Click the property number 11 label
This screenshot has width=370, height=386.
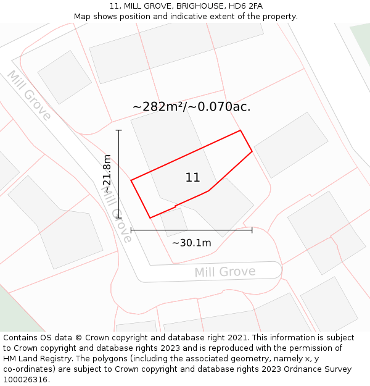click(192, 178)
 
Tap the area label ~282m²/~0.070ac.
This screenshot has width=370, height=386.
click(191, 107)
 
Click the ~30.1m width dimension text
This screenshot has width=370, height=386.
click(191, 243)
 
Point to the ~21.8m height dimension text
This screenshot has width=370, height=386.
click(107, 174)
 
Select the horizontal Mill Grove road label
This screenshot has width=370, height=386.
click(224, 272)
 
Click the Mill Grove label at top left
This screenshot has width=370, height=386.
click(28, 96)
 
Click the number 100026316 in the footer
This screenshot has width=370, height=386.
click(25, 380)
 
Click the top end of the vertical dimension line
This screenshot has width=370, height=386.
click(119, 130)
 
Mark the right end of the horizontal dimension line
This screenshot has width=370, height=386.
click(252, 230)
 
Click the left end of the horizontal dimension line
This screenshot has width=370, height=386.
click(131, 230)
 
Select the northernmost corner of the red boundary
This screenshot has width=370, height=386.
click(240, 130)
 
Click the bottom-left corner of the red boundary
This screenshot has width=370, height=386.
click(150, 217)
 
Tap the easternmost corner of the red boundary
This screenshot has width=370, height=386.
click(252, 151)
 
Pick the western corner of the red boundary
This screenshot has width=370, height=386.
click(131, 180)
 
